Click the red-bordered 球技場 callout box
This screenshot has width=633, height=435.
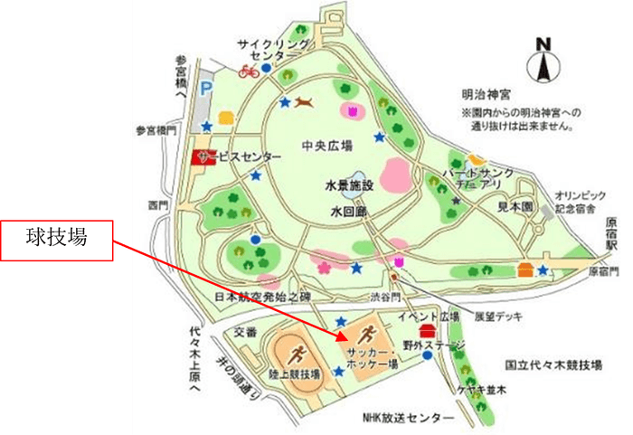click(57, 241)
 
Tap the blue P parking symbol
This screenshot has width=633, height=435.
click(205, 89)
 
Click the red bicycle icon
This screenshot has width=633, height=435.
click(249, 70)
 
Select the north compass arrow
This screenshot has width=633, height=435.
click(543, 63)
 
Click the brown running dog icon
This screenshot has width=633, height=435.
click(305, 100)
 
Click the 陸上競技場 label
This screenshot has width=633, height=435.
click(293, 374)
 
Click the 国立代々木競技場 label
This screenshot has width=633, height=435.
click(553, 364)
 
